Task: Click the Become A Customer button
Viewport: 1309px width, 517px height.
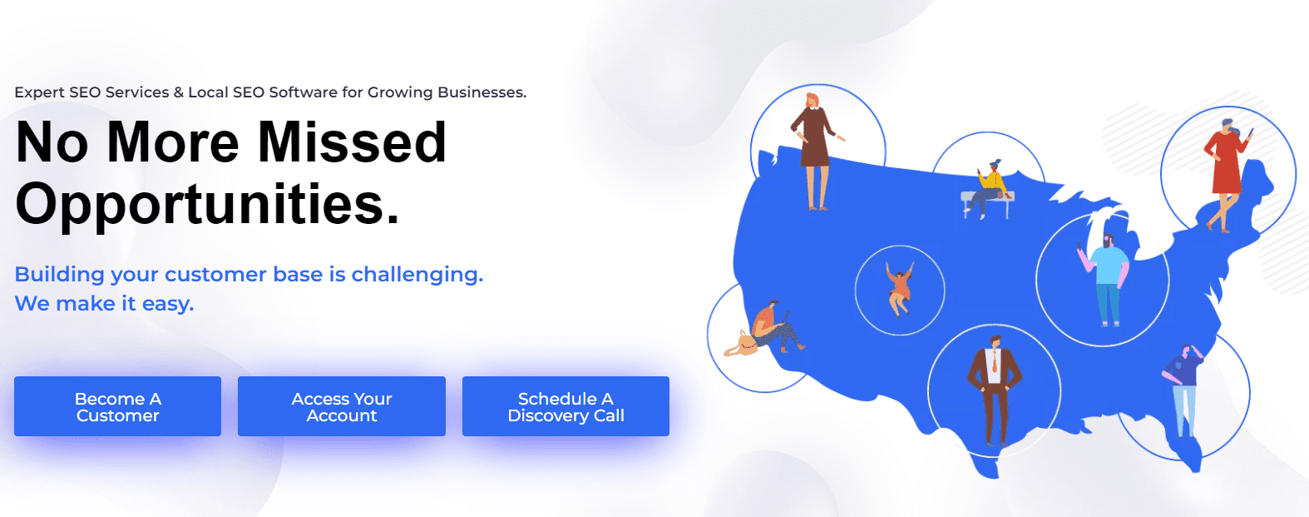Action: click(117, 406)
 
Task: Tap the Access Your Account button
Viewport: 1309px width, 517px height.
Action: click(341, 406)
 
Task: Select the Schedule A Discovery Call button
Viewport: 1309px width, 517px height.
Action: click(566, 406)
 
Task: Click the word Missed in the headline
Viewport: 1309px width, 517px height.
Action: click(352, 142)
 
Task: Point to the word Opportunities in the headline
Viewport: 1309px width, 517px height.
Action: click(207, 203)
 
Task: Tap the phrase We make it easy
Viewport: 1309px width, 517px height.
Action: click(104, 304)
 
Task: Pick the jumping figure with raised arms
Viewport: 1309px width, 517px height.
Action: click(899, 290)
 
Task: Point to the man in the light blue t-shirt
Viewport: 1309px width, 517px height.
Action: click(1104, 280)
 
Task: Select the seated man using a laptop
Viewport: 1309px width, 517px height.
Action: click(775, 327)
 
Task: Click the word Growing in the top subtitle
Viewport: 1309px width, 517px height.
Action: click(400, 92)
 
